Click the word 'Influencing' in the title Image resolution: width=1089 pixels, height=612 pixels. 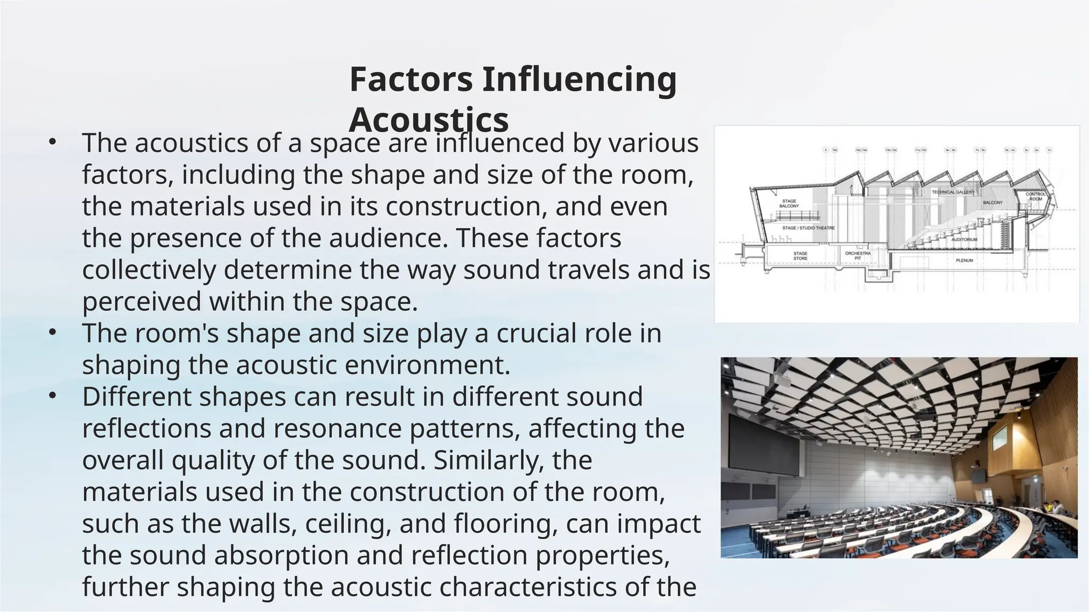(x=579, y=79)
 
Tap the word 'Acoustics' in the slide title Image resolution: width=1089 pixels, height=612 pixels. (x=429, y=120)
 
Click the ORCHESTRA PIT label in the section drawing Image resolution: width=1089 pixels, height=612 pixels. (x=858, y=256)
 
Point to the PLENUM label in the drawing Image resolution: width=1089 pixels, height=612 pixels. (x=964, y=261)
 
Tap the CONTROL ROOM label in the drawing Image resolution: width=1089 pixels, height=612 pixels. (x=1035, y=197)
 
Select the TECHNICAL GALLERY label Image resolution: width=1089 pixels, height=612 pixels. (x=953, y=192)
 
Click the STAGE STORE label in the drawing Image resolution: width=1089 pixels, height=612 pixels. (x=800, y=256)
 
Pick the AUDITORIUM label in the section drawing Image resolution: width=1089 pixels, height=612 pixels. (x=964, y=240)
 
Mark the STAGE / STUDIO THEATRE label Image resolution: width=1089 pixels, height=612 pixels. (x=808, y=228)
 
